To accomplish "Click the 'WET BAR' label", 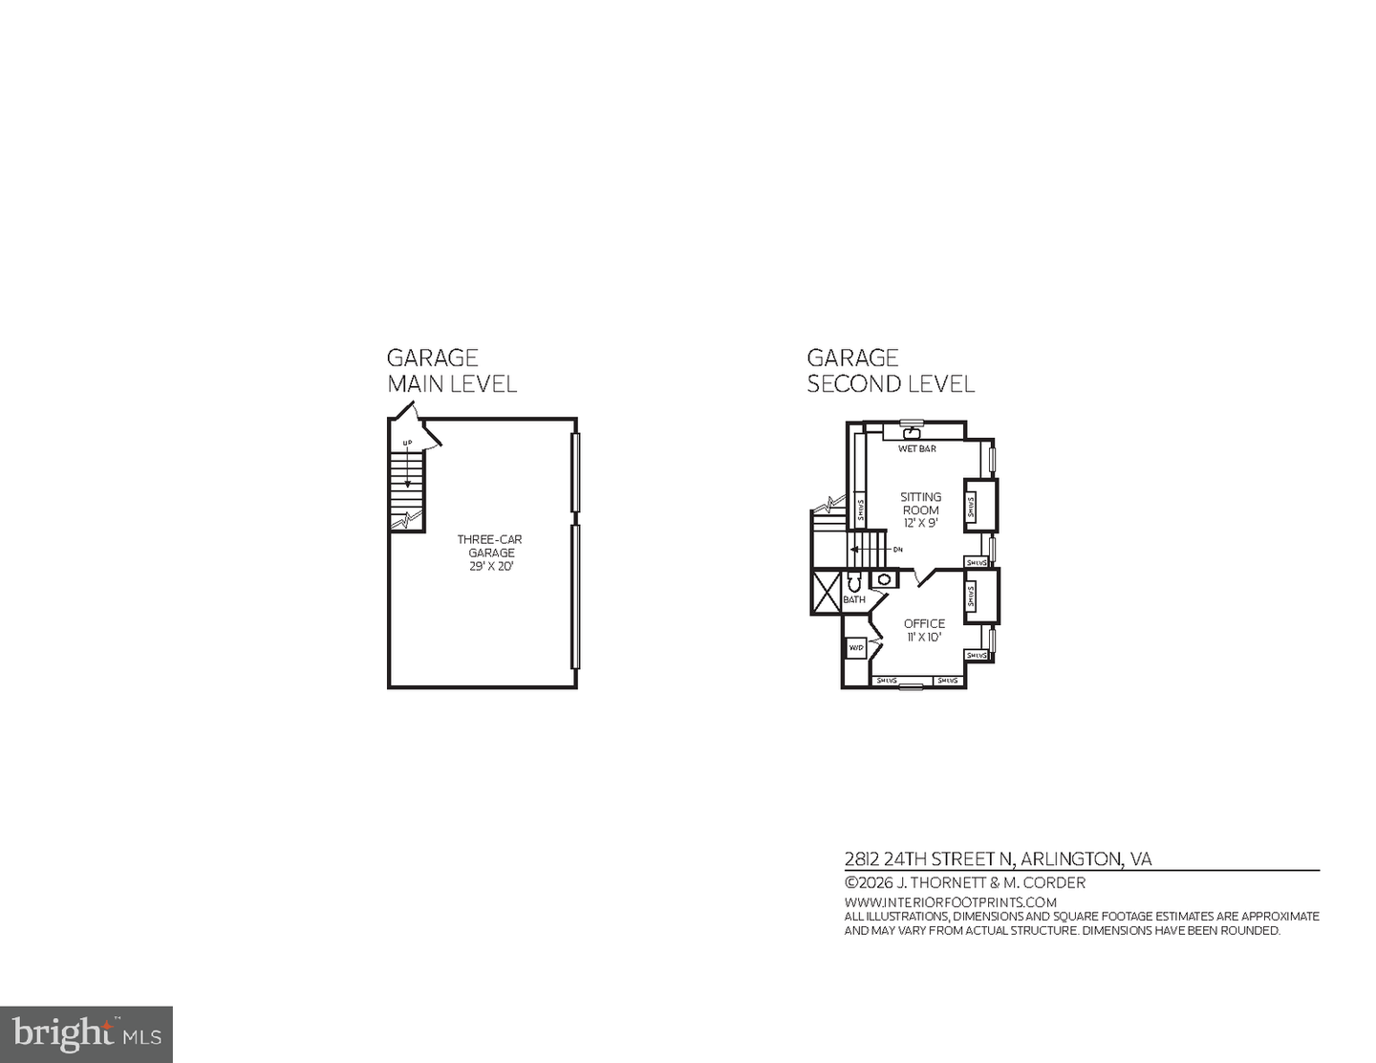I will (916, 448).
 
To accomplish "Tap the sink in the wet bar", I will (912, 433).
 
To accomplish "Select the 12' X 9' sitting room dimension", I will (920, 523).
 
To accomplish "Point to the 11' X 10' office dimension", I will (924, 637).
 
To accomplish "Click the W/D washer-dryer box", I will (856, 648).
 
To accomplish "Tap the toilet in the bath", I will (854, 581).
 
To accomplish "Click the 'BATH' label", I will (853, 599).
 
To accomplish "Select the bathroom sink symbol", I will (885, 579).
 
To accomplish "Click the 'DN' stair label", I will (897, 550).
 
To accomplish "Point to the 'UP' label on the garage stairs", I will (407, 443).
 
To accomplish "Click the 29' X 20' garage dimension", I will (491, 566).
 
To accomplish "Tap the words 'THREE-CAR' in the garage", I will (489, 539).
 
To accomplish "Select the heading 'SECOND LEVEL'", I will (891, 384).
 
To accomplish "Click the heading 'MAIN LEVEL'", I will (452, 384).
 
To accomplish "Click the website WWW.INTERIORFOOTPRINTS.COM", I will (950, 902).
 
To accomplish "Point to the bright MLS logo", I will (86, 1034).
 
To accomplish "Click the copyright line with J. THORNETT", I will (964, 883).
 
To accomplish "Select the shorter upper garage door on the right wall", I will (575, 472).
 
